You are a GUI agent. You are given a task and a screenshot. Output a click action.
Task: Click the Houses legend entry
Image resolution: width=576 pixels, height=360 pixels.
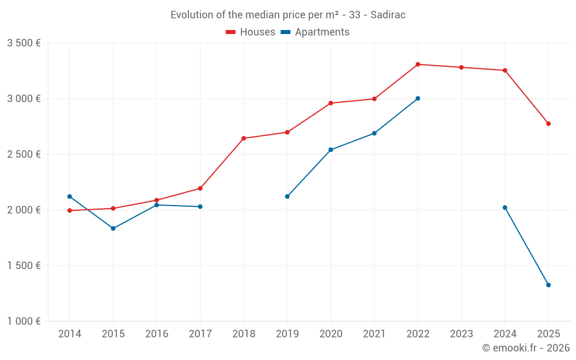point(251,32)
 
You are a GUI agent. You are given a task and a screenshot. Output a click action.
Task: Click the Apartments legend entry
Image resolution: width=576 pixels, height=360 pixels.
point(315,32)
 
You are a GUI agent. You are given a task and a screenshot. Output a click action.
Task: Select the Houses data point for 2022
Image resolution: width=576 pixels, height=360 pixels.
point(418,65)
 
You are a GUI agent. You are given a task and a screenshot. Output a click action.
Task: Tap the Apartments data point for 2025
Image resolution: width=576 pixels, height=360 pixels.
point(548,285)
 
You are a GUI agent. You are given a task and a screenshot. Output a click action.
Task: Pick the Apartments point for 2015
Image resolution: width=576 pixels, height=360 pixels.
point(113,229)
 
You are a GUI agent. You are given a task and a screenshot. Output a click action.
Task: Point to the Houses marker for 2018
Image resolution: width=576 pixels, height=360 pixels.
point(244,138)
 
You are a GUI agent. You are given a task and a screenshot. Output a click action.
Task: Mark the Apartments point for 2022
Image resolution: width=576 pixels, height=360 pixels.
point(418,98)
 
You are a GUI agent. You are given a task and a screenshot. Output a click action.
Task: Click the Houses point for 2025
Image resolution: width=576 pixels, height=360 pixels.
point(548,124)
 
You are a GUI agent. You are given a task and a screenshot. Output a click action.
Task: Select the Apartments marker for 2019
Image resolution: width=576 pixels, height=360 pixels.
point(287,196)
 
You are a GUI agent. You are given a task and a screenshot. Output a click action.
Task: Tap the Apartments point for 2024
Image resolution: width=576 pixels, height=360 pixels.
point(505,207)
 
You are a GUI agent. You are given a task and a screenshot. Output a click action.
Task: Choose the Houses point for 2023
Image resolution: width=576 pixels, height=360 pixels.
point(461,67)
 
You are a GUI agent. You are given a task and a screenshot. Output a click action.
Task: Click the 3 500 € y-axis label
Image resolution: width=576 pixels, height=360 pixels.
point(24,43)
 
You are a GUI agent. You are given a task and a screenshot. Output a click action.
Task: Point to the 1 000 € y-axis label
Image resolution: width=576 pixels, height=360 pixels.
point(24,321)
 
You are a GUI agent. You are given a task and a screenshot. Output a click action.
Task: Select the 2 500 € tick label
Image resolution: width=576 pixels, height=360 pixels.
point(24,154)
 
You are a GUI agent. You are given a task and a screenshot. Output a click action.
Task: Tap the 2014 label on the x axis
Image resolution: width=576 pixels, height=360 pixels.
point(70,334)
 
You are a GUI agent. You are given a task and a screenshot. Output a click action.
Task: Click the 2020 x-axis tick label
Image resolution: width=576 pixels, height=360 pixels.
point(331,334)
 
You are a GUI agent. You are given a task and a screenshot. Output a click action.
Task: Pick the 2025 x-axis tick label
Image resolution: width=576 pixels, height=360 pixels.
point(548,334)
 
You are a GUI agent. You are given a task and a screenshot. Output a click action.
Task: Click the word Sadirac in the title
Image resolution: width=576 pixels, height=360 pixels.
point(388,15)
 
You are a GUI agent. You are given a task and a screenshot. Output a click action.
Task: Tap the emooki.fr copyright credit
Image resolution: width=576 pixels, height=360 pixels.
point(526,348)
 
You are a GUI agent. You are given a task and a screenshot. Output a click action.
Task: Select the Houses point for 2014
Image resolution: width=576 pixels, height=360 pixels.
point(70,211)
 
